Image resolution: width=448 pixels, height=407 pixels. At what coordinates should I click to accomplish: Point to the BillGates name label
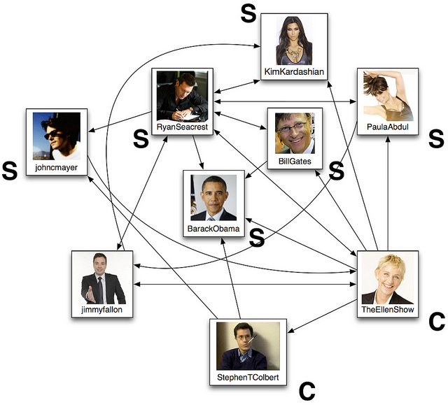(294, 162)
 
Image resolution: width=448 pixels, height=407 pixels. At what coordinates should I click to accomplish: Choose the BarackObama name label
(213, 228)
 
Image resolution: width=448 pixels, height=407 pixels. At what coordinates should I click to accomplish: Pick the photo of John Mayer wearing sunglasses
(57, 137)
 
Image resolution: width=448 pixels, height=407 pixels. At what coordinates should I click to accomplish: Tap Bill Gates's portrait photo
(294, 133)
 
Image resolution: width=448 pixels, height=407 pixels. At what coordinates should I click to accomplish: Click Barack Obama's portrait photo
(213, 197)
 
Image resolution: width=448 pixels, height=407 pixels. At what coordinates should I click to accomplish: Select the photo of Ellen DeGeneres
(387, 278)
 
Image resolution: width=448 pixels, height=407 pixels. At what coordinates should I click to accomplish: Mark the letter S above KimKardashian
(248, 13)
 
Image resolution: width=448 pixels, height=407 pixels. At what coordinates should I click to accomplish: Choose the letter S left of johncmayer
(10, 171)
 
